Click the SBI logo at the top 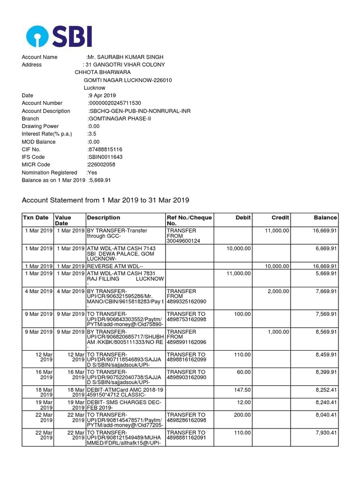[59, 36]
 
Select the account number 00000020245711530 [115, 103]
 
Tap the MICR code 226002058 [102, 165]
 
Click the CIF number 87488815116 [105, 149]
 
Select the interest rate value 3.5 [92, 134]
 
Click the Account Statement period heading [105, 200]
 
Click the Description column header [104, 217]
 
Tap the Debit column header [243, 217]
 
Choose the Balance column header [325, 217]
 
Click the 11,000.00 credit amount [277, 231]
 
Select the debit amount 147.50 [242, 390]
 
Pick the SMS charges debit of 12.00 [244, 402]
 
